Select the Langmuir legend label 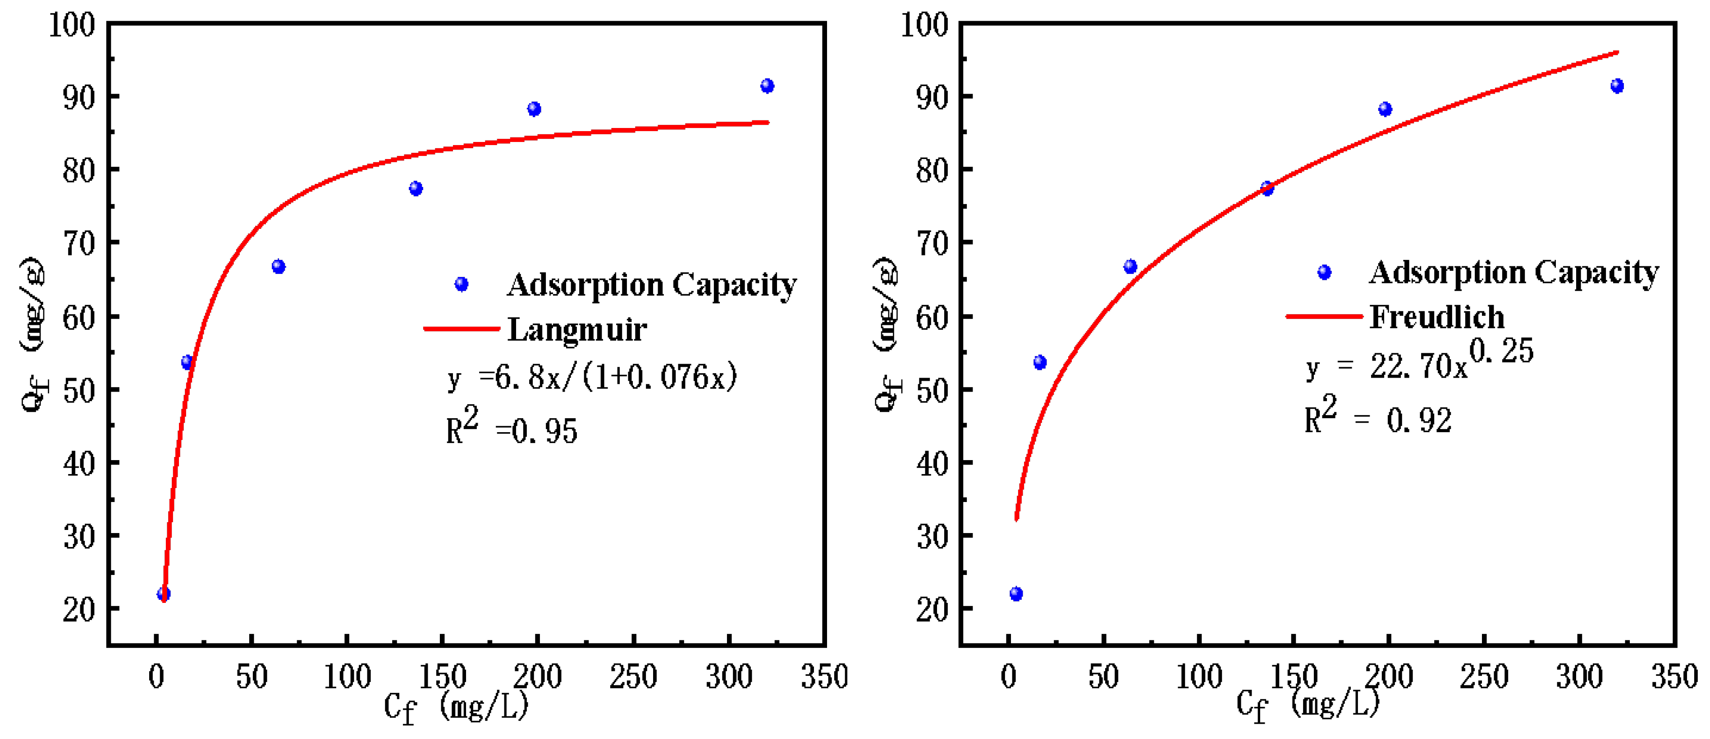pos(577,329)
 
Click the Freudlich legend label pos(1437,316)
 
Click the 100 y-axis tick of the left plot pos(72,25)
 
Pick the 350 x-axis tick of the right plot pos(1674,677)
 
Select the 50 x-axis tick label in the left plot pos(251,677)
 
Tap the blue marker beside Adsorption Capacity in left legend pos(462,284)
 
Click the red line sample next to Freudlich pos(1324,316)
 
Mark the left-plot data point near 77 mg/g pos(416,188)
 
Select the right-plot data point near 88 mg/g pos(1385,109)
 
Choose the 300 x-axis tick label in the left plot pos(728,677)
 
